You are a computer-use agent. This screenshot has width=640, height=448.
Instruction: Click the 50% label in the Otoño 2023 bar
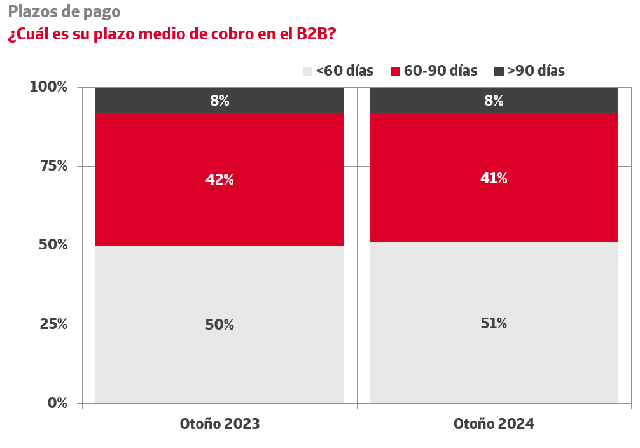(x=219, y=325)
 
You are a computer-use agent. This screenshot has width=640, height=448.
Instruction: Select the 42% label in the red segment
(x=219, y=180)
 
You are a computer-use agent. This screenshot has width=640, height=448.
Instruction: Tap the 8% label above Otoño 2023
(x=219, y=101)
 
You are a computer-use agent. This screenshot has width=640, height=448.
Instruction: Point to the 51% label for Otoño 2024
(x=494, y=323)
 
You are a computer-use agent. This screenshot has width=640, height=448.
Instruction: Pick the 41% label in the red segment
(x=494, y=179)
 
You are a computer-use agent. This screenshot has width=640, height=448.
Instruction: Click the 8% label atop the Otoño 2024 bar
(x=494, y=101)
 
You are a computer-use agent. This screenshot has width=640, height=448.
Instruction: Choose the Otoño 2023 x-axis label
(x=219, y=424)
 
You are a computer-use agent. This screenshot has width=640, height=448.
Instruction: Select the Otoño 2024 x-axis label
(x=494, y=424)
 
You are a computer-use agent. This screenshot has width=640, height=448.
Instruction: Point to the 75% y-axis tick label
(x=52, y=166)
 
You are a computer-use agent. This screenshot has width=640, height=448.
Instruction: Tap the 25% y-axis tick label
(x=52, y=325)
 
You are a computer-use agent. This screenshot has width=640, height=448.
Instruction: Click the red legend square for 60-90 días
(x=395, y=71)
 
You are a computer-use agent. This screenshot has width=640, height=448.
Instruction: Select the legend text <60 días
(x=344, y=71)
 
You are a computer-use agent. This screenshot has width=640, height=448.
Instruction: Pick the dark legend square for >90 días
(x=499, y=71)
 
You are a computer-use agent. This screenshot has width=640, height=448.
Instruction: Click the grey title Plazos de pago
(x=64, y=11)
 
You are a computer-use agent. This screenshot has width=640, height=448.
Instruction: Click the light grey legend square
(x=307, y=71)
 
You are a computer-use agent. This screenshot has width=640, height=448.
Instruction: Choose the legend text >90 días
(x=536, y=71)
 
